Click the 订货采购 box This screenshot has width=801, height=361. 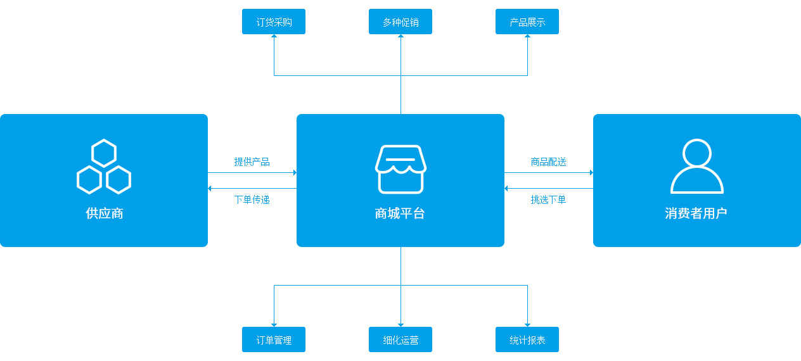pyautogui.click(x=274, y=22)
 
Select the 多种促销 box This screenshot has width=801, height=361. pyautogui.click(x=401, y=22)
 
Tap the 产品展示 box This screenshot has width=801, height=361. pyautogui.click(x=527, y=22)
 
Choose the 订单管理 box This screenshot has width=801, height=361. pyautogui.click(x=274, y=339)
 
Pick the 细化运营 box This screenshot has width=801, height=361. pyautogui.click(x=401, y=339)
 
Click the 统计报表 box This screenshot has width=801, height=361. pyautogui.click(x=527, y=339)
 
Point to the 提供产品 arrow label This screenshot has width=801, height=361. pyautogui.click(x=252, y=161)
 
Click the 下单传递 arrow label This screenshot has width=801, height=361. pyautogui.click(x=252, y=199)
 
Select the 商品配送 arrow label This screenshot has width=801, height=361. pyautogui.click(x=549, y=161)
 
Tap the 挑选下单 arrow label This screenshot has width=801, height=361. pyautogui.click(x=549, y=199)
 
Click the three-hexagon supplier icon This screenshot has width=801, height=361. pyautogui.click(x=104, y=167)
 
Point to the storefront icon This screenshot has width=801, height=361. pyautogui.click(x=401, y=168)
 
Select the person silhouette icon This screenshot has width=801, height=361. pyautogui.click(x=697, y=167)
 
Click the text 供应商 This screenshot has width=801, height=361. pyautogui.click(x=104, y=213)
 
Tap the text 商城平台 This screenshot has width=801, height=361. pyautogui.click(x=401, y=213)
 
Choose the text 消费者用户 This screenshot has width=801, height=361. pyautogui.click(x=696, y=213)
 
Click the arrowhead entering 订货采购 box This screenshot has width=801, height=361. pyautogui.click(x=274, y=37)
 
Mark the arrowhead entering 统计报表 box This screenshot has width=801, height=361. pyautogui.click(x=527, y=324)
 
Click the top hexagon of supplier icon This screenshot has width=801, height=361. pyautogui.click(x=104, y=153)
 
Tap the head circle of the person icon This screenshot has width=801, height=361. pyautogui.click(x=697, y=154)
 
